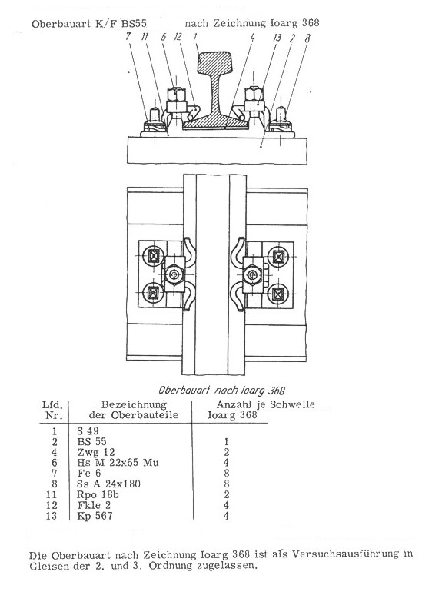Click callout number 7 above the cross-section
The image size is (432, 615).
[x=128, y=36]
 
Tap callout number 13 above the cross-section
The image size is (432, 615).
[x=277, y=38]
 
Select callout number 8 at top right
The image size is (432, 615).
[x=307, y=38]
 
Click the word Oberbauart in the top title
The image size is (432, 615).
[x=62, y=23]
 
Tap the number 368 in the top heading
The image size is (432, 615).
[x=310, y=22]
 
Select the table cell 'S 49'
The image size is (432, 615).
[x=88, y=431]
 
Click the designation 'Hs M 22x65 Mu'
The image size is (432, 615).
[x=118, y=463]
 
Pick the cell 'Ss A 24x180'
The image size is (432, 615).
[x=108, y=484]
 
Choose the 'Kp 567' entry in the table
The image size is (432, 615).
[x=95, y=516]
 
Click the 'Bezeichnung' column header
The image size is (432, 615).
[x=134, y=405]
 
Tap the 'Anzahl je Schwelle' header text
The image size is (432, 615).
[x=265, y=404]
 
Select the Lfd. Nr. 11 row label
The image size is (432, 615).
[x=52, y=494]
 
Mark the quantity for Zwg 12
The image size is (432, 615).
[x=226, y=452]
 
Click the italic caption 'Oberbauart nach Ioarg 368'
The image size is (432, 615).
[x=221, y=391]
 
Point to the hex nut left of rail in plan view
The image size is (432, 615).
[x=172, y=274]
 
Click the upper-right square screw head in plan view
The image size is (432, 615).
[x=278, y=257]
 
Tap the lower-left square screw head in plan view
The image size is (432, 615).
[x=151, y=293]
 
